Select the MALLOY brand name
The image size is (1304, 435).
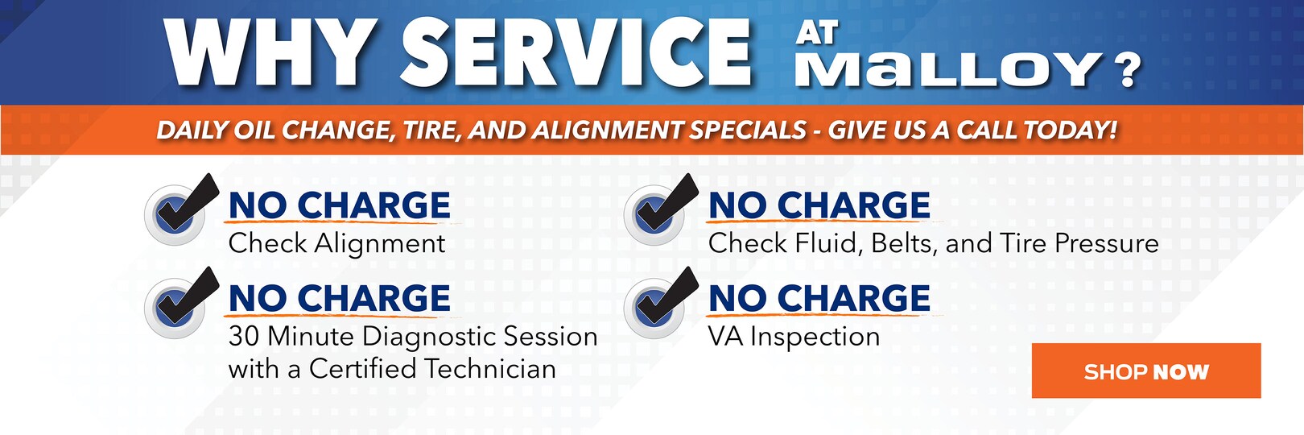[x=949, y=68]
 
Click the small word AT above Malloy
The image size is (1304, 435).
[x=817, y=33]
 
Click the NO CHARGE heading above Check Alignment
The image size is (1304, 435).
[x=340, y=205]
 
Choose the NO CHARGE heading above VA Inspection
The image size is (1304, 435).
[x=819, y=298]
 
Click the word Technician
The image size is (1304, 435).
[x=489, y=369]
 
